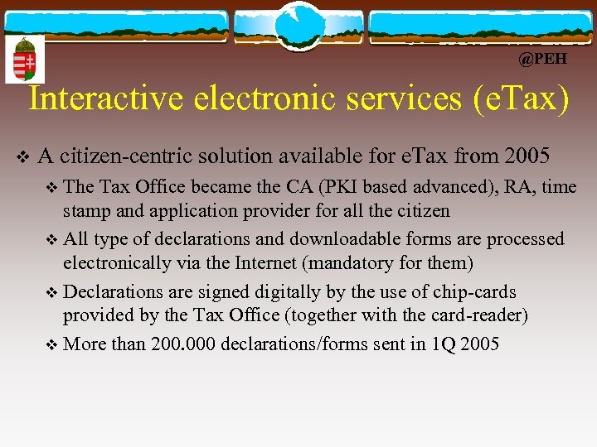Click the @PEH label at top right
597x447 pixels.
[542, 60]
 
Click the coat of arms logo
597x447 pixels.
[25, 60]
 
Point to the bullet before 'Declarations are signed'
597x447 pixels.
[54, 293]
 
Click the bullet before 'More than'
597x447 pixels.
[54, 344]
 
